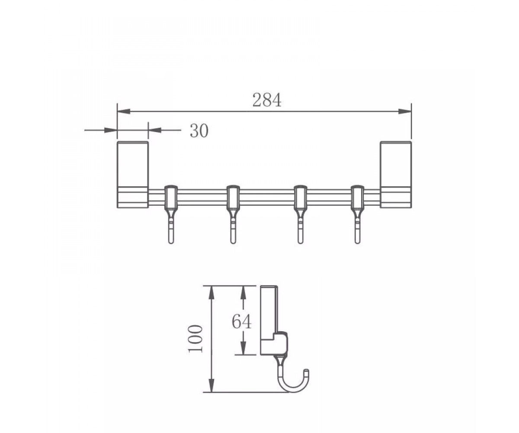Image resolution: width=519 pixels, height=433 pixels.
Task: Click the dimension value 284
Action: pos(267,100)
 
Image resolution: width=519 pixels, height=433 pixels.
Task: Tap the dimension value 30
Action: pos(199,131)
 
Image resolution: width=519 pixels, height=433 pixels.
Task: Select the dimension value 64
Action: pos(241,321)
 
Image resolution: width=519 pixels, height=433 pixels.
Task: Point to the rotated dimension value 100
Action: pos(195,339)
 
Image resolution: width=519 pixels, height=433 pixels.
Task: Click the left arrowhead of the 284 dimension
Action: pos(124,111)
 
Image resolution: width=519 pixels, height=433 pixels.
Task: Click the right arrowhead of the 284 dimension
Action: pos(405,111)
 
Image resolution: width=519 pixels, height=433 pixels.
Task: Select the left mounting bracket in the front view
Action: pos(133,174)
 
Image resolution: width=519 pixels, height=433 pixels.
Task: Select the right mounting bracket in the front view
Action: pos(396,174)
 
